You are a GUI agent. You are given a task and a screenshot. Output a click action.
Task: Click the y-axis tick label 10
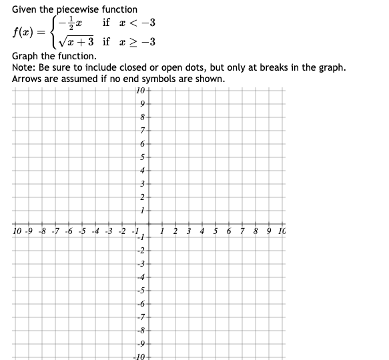coord(139,91)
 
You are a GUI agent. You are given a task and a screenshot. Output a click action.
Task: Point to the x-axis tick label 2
coord(175,232)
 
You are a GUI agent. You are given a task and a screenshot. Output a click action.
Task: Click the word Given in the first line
coord(25,9)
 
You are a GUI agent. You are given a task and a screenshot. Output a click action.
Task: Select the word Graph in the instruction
coord(26,57)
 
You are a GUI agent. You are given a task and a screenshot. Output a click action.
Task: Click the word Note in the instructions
coord(23,68)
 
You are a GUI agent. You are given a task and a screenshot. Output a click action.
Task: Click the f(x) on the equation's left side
coord(23,32)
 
